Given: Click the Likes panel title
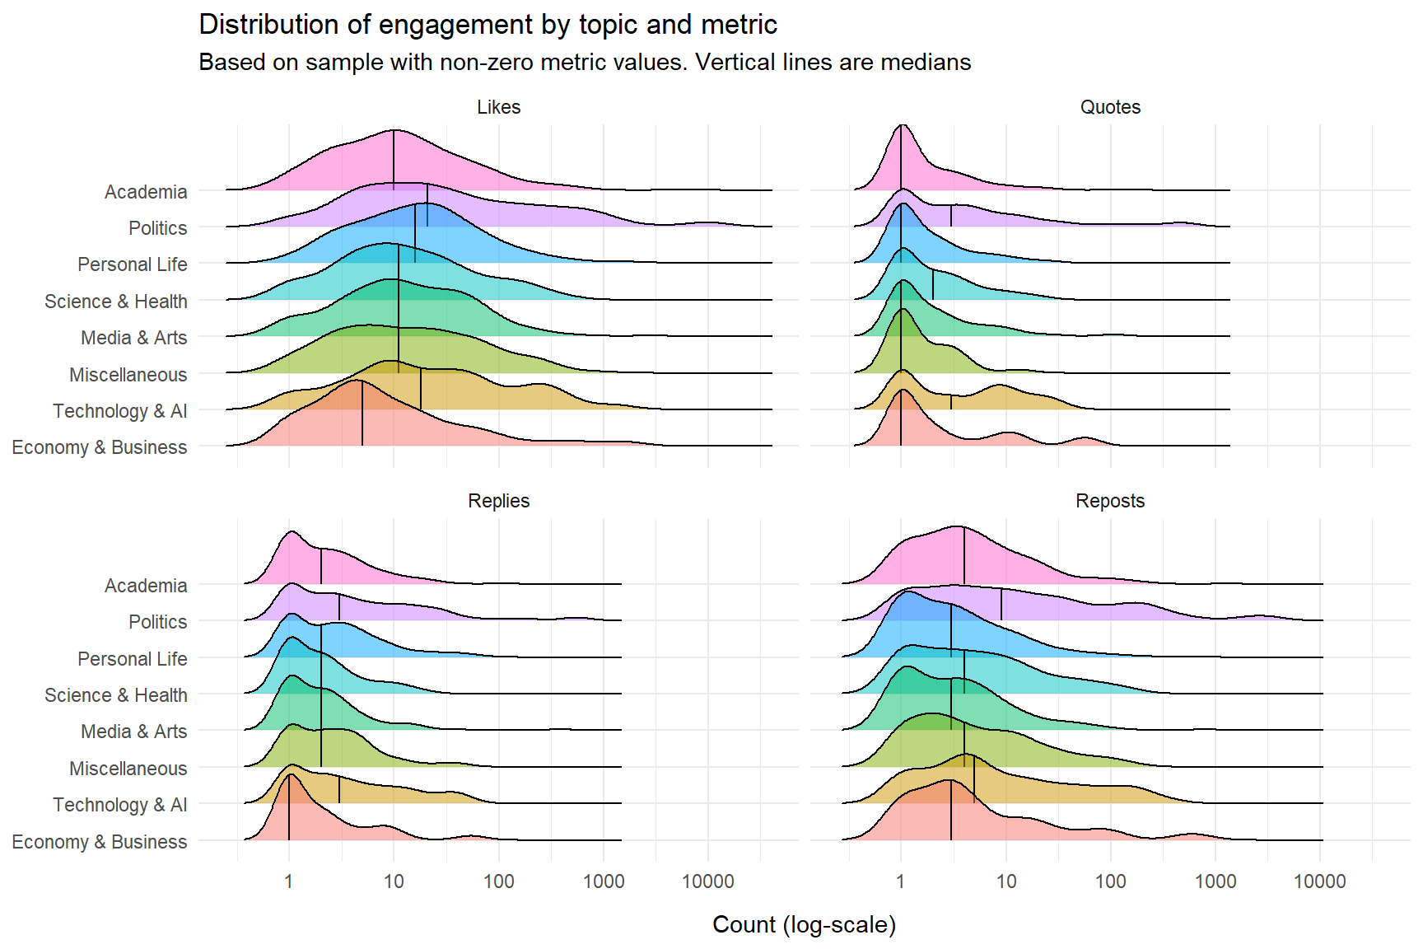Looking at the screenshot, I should [x=498, y=107].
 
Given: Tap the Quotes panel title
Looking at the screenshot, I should [x=1110, y=107].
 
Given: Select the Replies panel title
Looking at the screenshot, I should [x=498, y=501].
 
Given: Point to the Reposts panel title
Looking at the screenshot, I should [x=1110, y=501].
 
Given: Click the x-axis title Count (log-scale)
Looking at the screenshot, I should [x=804, y=924].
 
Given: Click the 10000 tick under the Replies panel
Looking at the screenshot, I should [x=707, y=881].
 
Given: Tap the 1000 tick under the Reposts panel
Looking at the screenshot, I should [x=1215, y=881].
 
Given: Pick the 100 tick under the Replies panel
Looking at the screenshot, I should [x=498, y=881].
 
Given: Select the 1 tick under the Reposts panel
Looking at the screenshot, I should [x=901, y=881].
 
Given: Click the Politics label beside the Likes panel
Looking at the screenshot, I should [x=157, y=228].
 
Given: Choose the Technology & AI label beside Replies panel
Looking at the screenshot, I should [x=120, y=805].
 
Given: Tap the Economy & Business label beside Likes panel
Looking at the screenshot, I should [x=100, y=447].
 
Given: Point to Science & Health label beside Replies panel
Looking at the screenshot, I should [x=116, y=695].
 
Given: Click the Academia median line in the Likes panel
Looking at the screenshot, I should [x=394, y=161].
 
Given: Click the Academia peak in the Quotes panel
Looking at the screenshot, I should [x=903, y=125].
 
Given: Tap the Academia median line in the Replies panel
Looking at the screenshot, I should [x=321, y=566].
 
